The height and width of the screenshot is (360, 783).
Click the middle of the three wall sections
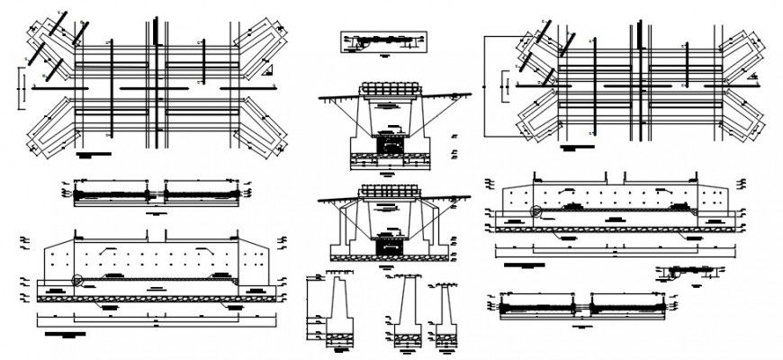pos(404,310)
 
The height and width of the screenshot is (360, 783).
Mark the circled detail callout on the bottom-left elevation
pos(78,280)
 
